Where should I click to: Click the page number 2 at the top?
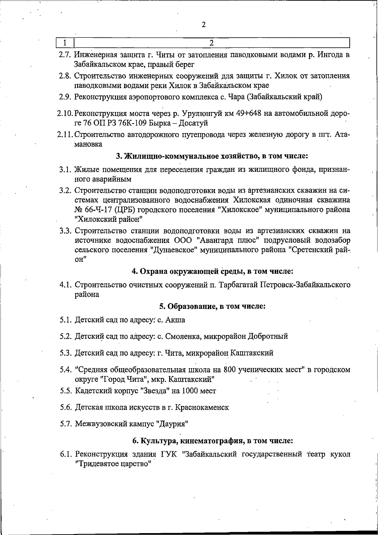tap(204, 25)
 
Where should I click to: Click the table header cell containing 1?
tap(65, 42)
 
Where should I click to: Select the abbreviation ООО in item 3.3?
tap(183, 240)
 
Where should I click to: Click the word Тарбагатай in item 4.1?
tap(238, 285)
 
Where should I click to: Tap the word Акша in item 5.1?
tap(175, 320)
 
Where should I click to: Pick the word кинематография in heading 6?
tap(210, 441)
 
